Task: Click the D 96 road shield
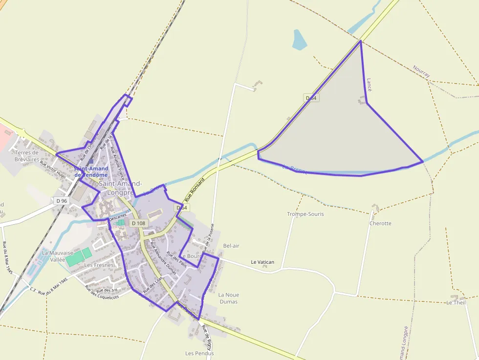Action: click(61, 200)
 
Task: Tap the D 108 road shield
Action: click(139, 223)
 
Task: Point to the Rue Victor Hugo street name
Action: click(53, 169)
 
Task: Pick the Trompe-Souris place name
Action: click(305, 214)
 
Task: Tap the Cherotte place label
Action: click(380, 223)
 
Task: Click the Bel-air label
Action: click(231, 246)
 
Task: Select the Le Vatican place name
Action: click(262, 262)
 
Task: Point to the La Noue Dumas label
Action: click(228, 298)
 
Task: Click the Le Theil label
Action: click(456, 302)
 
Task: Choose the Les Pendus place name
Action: click(196, 353)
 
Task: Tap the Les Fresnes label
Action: click(99, 265)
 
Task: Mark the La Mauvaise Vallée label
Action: click(57, 256)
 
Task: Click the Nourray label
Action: click(421, 72)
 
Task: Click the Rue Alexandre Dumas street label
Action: click(163, 257)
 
